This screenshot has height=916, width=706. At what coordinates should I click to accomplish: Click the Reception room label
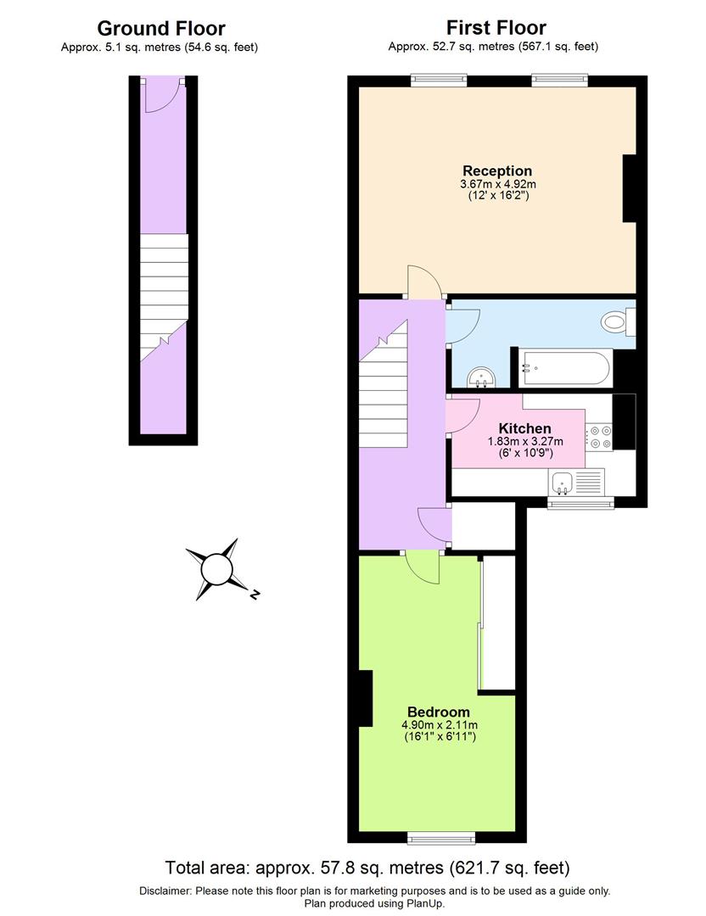click(496, 170)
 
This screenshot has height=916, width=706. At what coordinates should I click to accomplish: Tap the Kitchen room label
click(524, 428)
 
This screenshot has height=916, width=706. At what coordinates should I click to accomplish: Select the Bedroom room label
click(438, 712)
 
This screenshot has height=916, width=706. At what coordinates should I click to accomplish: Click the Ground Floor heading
click(161, 28)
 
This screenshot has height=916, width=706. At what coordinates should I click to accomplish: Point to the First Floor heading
click(496, 28)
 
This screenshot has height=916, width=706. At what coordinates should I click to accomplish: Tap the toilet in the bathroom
click(617, 321)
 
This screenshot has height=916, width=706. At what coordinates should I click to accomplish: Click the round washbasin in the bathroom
click(481, 375)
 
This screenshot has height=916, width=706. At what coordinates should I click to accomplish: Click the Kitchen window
click(580, 504)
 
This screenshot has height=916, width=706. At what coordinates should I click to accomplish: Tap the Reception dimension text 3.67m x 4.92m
click(497, 184)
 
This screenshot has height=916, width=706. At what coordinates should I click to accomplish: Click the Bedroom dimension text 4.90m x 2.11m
click(440, 725)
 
